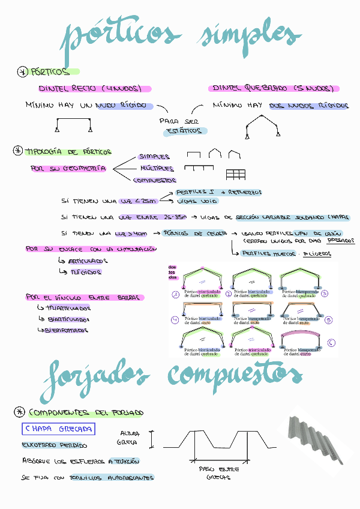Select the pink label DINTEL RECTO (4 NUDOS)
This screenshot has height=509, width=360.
90,89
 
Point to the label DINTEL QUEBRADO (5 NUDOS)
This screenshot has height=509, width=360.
274,89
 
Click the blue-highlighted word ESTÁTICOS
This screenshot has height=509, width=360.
185,131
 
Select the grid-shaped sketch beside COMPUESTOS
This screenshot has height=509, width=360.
236,175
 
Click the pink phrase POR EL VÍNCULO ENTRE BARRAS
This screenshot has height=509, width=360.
84,297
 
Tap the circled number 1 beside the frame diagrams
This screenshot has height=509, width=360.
175,295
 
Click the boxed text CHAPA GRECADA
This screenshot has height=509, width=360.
58,429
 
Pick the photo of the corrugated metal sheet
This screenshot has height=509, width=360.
317,438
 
